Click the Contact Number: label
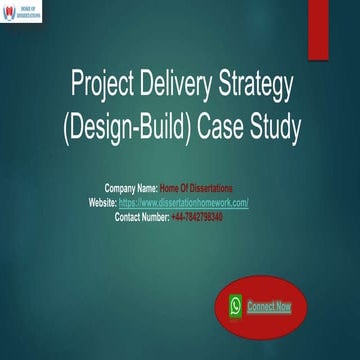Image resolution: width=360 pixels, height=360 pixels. tap(141, 216)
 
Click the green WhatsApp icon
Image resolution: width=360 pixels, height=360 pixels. tap(235, 306)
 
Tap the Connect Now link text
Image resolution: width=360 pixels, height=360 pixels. tap(269, 306)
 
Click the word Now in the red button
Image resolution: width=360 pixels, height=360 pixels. tap(284, 306)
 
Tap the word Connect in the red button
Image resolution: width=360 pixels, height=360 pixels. tap(261, 306)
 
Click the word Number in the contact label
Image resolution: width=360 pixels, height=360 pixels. tap(154, 216)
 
